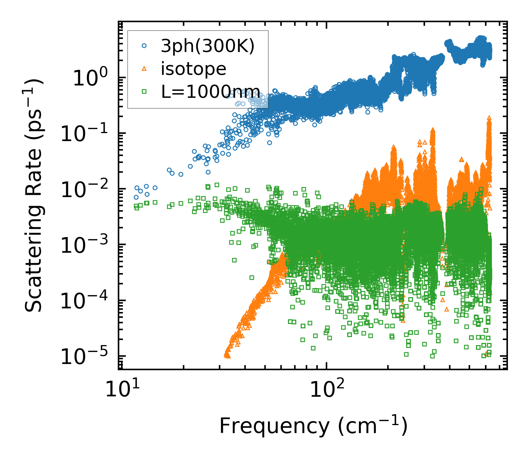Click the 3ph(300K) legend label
tap(208, 46)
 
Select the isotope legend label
tap(193, 68)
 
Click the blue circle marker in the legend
tap(144, 46)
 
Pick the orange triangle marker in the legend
tap(144, 69)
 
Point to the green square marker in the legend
tap(144, 92)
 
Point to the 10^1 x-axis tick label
tap(120, 391)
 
